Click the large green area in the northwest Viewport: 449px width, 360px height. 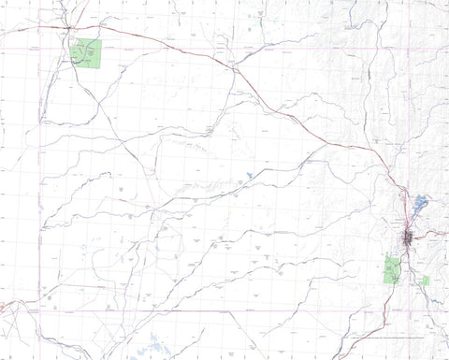pos(86,53)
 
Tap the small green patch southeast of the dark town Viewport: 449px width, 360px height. pos(425,280)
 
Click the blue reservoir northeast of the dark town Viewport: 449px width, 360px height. pos(419,201)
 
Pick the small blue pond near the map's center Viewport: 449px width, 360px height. pos(250,175)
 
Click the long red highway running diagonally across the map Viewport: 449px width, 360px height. pos(281,103)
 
